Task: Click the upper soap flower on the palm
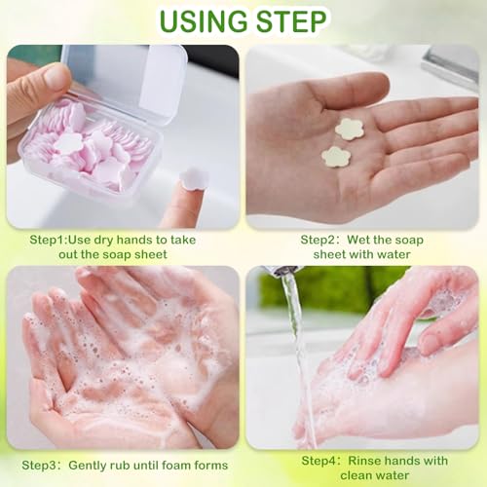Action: click(x=349, y=129)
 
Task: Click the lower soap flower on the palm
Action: click(x=337, y=156)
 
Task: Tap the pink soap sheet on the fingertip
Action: click(x=193, y=177)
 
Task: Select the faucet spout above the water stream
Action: click(x=281, y=270)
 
